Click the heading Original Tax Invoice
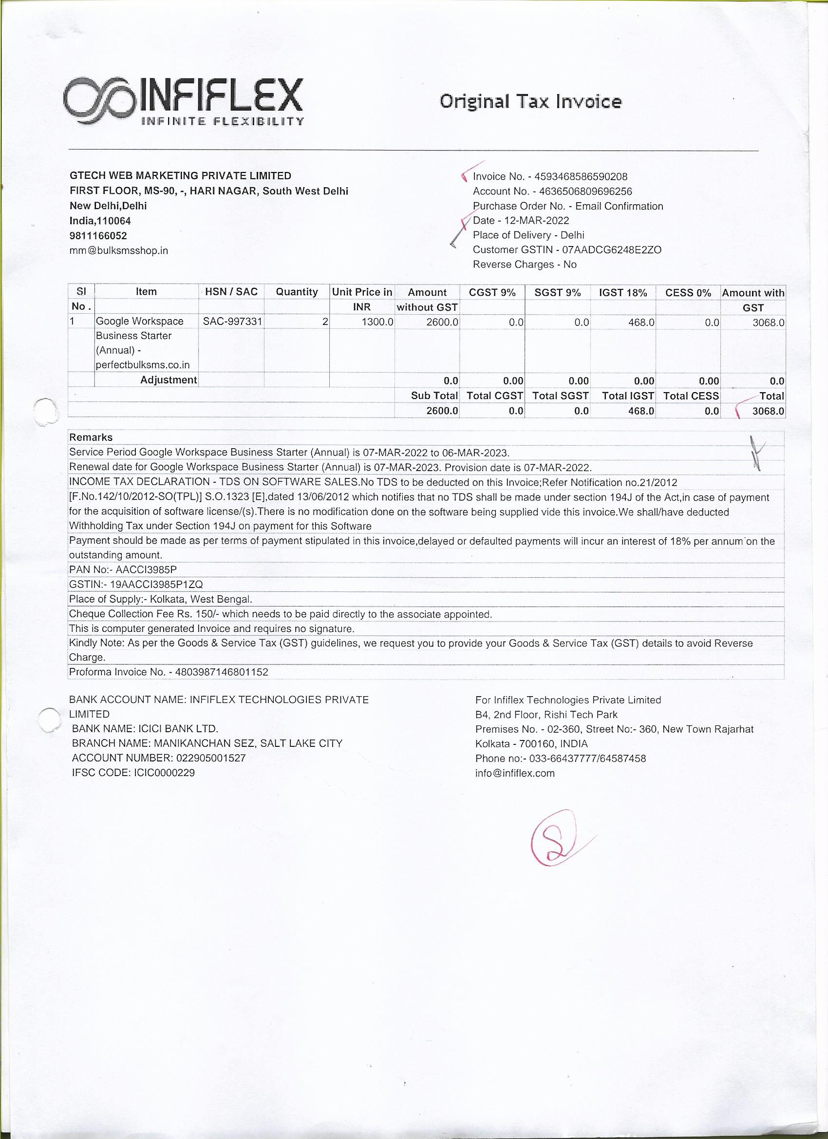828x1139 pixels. [x=530, y=102]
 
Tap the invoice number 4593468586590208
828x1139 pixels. [x=581, y=177]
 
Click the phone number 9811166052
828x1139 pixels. [x=98, y=235]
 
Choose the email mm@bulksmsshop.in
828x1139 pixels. [x=118, y=250]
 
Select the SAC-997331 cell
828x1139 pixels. [x=232, y=322]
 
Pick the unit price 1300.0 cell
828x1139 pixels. [x=377, y=322]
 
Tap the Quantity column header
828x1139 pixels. [x=297, y=292]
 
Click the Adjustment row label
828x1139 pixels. [x=168, y=380]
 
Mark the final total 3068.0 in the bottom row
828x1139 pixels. [x=768, y=411]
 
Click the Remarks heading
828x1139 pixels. [x=91, y=437]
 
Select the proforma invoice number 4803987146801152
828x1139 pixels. [x=222, y=672]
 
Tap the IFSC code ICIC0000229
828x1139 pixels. [x=164, y=773]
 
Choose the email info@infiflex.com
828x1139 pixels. [x=515, y=774]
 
